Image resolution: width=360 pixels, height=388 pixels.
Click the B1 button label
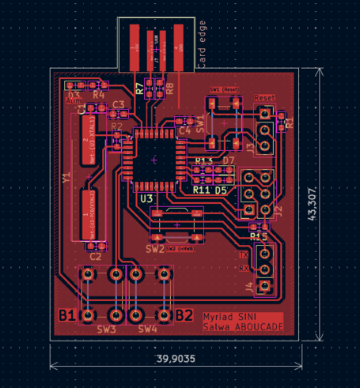(x=68, y=315)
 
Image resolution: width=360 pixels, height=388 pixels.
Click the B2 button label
(x=184, y=315)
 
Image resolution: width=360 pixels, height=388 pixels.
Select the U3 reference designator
(x=146, y=198)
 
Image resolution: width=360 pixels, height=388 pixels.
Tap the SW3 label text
(x=107, y=328)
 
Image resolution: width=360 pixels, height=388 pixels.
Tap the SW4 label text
(x=148, y=328)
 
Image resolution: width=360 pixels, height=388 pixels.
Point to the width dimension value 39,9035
(x=175, y=358)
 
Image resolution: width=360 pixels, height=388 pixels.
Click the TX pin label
(x=244, y=255)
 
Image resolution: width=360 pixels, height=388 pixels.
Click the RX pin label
(x=244, y=269)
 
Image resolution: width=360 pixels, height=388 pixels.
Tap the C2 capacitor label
(x=95, y=256)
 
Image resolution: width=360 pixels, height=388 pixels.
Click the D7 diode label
(x=229, y=161)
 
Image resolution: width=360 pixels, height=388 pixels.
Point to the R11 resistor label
(x=201, y=190)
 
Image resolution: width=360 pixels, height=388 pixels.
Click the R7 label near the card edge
(x=140, y=89)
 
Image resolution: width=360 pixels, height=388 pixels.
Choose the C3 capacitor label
(x=119, y=104)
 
